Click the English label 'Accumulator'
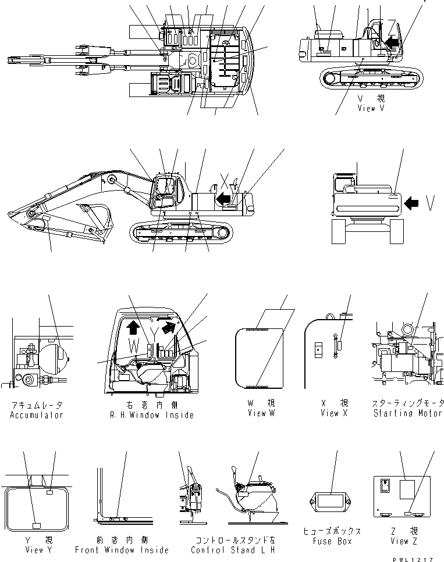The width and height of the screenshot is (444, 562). [36, 415]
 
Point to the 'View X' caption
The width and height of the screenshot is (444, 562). [334, 413]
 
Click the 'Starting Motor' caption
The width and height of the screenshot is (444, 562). [408, 413]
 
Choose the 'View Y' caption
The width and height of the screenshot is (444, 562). [36, 550]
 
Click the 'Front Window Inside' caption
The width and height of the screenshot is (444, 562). [122, 550]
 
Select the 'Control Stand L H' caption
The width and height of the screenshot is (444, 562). [233, 550]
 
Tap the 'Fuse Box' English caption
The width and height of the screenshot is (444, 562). [332, 541]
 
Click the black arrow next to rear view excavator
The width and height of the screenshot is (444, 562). [411, 203]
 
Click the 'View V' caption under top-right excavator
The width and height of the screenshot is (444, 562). [371, 108]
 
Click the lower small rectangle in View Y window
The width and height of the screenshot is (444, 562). [36, 525]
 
